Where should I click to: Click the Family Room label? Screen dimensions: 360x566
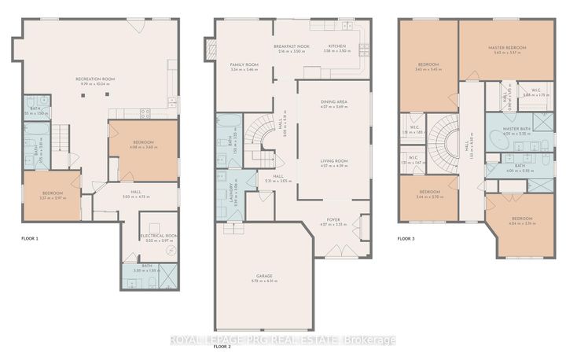(x=244, y=66)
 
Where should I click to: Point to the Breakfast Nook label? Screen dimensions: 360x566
(x=291, y=46)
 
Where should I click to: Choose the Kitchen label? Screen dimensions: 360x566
(x=337, y=46)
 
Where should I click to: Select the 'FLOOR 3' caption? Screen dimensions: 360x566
(x=406, y=238)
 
